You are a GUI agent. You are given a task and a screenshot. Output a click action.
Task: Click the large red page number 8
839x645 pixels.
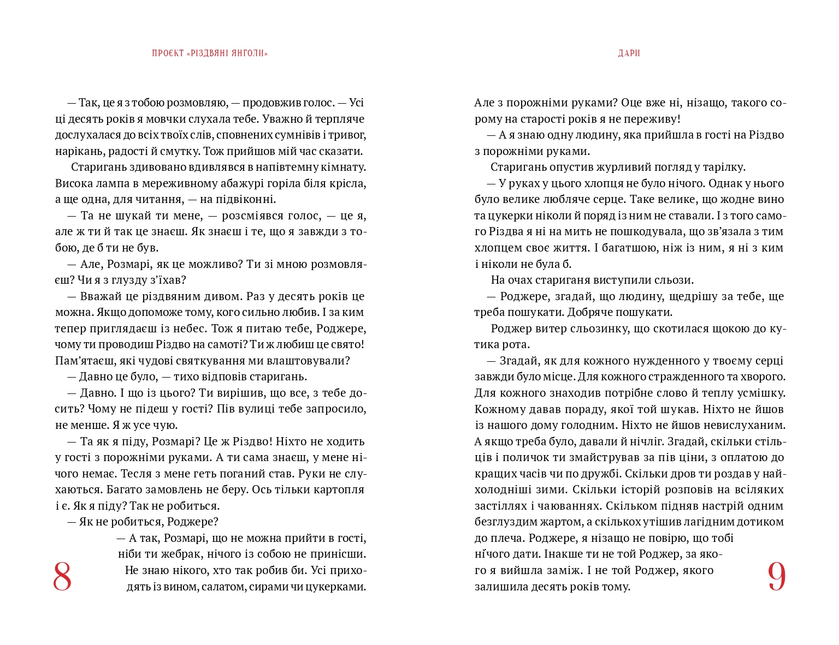[62, 577]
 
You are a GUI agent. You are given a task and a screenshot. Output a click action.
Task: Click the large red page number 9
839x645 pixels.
[776, 577]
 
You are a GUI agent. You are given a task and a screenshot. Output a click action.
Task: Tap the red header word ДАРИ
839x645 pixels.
[629, 53]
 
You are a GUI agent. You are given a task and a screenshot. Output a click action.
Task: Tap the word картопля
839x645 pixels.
[339, 489]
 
